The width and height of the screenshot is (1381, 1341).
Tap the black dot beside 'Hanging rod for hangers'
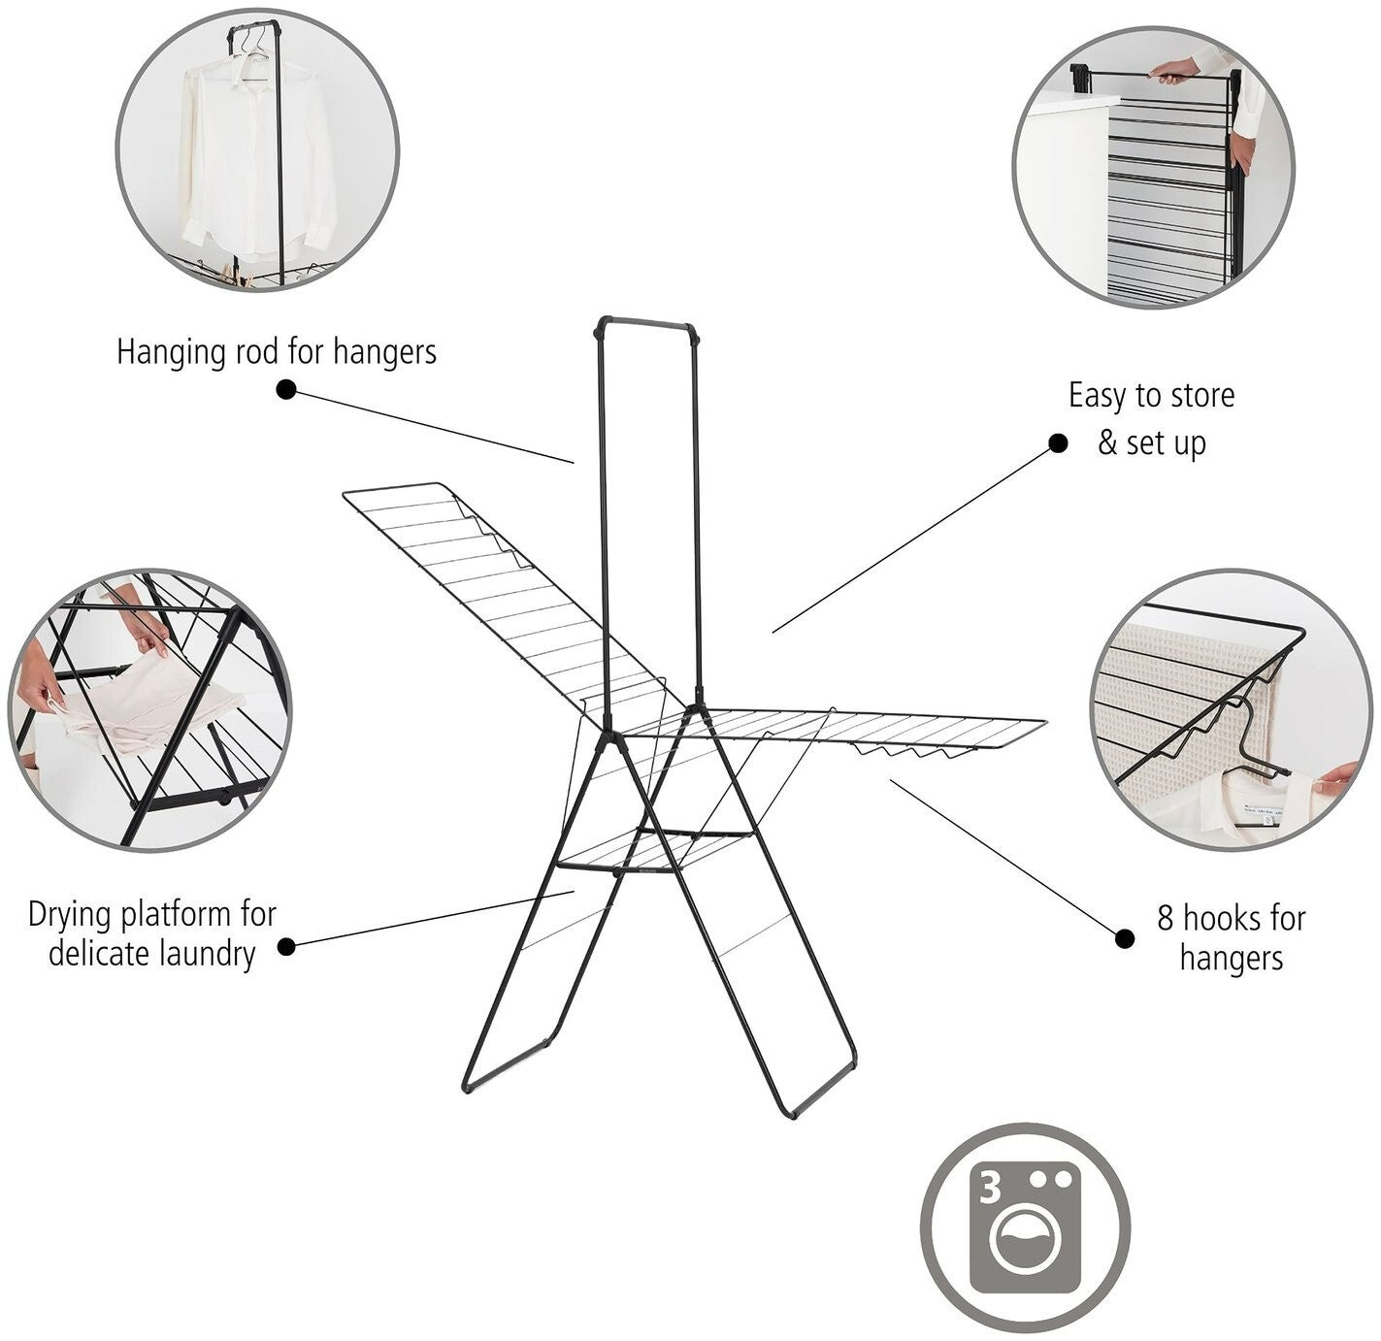click(286, 389)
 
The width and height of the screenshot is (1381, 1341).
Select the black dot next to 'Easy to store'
click(1058, 443)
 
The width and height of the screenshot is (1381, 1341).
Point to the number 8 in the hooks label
click(1165, 918)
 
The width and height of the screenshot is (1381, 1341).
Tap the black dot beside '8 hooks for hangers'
click(1125, 938)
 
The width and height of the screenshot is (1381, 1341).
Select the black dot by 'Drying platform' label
click(286, 946)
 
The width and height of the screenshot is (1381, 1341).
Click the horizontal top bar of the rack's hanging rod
click(645, 323)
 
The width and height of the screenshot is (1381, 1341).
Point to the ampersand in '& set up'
click(1107, 443)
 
